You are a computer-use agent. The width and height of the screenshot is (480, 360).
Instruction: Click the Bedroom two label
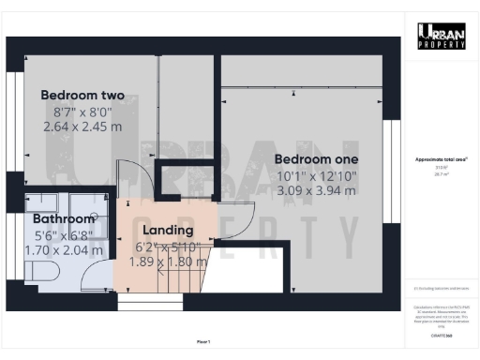(82, 96)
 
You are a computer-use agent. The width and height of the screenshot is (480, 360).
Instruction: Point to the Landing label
(168, 231)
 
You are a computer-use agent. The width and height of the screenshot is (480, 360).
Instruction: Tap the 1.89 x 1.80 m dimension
(169, 262)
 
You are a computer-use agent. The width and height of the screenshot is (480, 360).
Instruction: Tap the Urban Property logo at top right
(441, 37)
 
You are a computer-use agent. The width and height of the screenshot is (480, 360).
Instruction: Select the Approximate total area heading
(441, 159)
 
